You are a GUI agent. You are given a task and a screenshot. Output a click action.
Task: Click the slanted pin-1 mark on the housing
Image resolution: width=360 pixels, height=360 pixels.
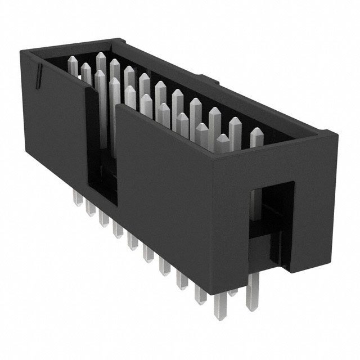coord(39,76)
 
